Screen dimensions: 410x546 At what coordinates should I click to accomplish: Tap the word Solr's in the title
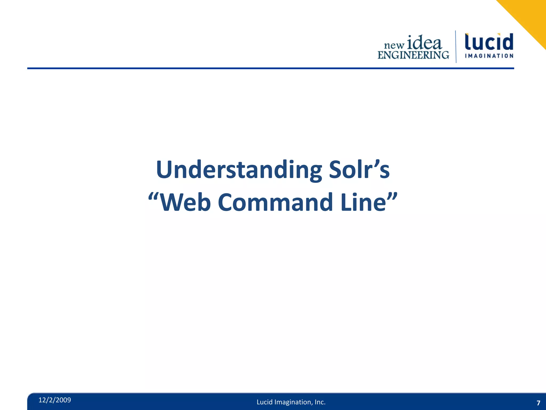tap(359, 170)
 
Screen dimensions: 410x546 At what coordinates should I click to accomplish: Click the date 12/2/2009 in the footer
tap(55, 400)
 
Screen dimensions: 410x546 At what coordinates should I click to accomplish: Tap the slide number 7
tap(538, 403)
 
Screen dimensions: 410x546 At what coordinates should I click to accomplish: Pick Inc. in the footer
tap(320, 402)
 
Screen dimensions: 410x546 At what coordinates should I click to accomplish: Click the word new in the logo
tap(394, 45)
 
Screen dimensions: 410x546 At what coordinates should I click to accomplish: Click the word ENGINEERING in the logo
tap(413, 55)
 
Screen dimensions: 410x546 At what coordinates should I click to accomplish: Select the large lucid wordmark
tap(489, 42)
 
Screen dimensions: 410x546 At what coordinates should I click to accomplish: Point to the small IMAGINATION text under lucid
tap(489, 56)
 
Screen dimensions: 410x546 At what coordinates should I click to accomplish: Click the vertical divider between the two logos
tap(456, 47)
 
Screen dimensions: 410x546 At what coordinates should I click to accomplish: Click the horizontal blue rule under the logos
tap(270, 68)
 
